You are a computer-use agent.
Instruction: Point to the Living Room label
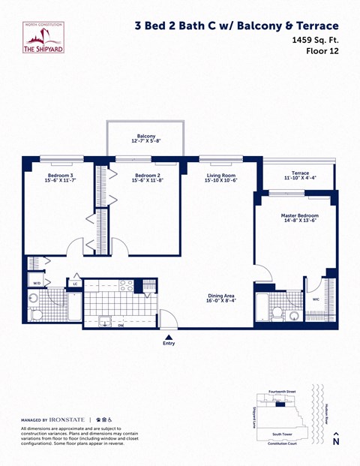221,179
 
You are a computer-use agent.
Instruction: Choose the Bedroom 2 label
147,179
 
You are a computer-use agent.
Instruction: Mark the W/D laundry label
37,283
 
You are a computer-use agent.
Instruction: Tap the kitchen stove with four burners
126,285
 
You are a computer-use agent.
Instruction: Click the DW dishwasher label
121,324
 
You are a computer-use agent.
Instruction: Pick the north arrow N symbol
336,440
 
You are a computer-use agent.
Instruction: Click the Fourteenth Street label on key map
281,392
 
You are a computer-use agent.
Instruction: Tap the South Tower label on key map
281,434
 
